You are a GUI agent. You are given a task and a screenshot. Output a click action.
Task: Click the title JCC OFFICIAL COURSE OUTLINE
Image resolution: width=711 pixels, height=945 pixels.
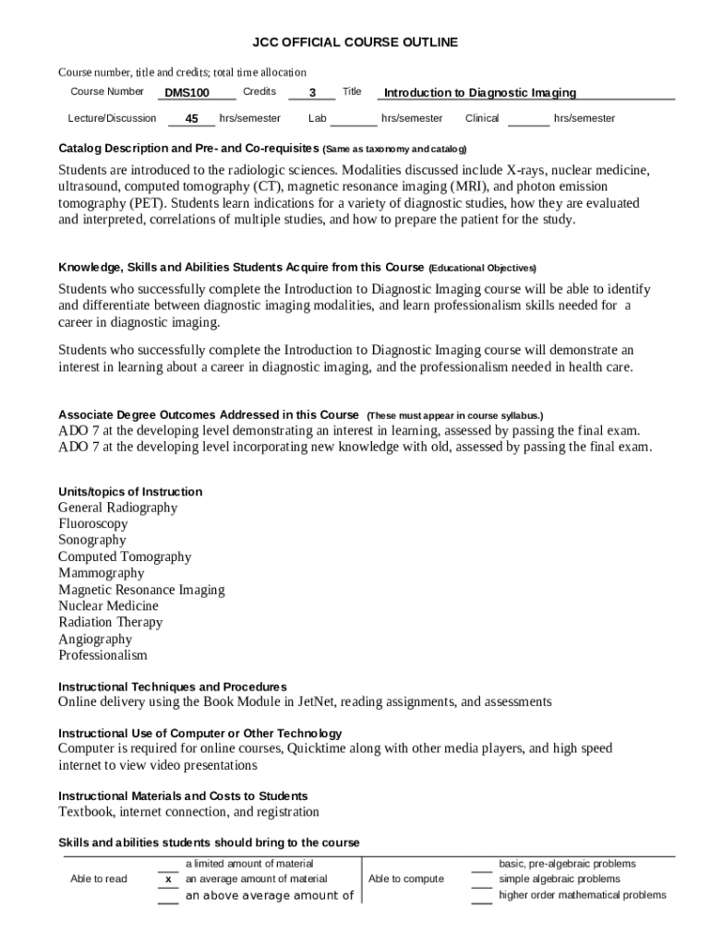tap(355, 42)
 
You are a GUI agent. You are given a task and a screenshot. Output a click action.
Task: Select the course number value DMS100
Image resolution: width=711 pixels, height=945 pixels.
tap(187, 92)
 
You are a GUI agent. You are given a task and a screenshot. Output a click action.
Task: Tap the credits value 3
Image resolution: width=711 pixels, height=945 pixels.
tap(312, 92)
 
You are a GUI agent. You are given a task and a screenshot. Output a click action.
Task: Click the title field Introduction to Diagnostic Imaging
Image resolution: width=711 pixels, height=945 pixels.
tap(479, 92)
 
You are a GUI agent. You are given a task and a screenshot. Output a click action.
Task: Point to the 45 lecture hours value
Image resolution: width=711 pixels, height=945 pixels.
tap(191, 119)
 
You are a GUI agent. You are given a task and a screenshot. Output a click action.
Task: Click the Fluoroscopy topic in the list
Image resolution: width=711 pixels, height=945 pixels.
tap(93, 524)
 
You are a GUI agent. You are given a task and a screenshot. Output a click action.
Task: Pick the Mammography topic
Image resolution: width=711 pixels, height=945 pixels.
tap(102, 573)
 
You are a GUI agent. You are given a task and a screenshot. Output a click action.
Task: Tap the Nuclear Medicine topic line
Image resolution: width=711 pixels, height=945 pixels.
tap(108, 606)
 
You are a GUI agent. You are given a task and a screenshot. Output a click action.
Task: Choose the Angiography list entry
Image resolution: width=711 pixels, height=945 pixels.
tap(95, 639)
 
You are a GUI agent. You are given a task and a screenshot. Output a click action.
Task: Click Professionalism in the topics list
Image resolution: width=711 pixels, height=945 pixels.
tap(102, 655)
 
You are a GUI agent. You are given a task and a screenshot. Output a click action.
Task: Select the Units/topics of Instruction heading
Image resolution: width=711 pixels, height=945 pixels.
tap(130, 492)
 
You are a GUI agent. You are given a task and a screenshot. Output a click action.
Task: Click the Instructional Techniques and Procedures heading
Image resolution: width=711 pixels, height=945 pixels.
tap(173, 687)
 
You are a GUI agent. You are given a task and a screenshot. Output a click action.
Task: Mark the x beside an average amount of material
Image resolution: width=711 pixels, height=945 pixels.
tap(168, 879)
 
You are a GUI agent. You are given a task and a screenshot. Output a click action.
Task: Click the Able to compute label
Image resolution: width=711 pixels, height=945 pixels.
tap(405, 879)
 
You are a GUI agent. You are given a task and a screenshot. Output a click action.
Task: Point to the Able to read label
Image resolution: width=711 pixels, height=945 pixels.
tap(99, 879)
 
